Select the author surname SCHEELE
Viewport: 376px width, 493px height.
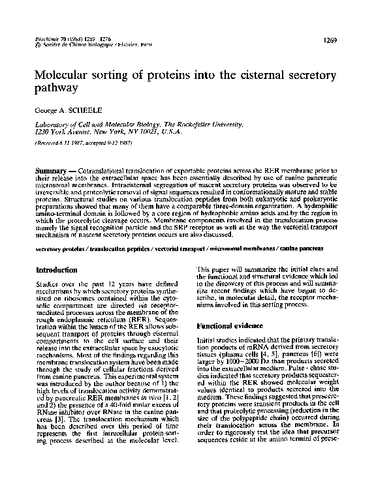click(x=86, y=111)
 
